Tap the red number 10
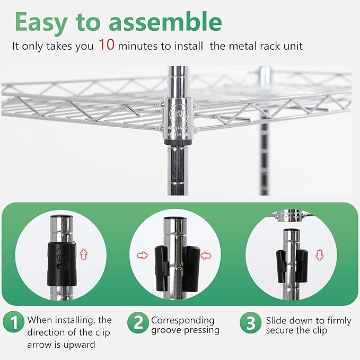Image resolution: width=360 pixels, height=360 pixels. pyautogui.click(x=106, y=45)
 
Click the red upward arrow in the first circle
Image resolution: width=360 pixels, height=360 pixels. pyautogui.click(x=83, y=254)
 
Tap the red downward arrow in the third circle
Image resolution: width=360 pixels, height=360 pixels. pyautogui.click(x=319, y=256)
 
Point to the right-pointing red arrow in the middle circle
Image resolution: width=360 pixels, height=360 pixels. pyautogui.click(x=143, y=255)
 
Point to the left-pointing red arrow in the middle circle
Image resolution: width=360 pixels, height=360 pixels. pyautogui.click(x=206, y=255)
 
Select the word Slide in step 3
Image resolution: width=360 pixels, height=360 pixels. pyautogui.click(x=277, y=320)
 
